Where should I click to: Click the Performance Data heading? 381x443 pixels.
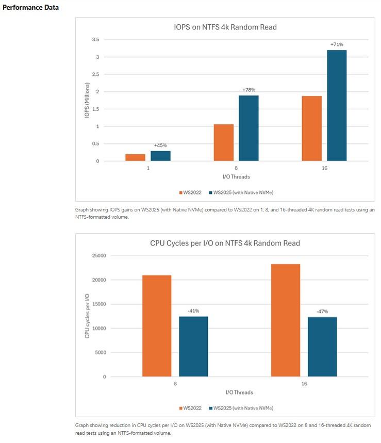pos(30,8)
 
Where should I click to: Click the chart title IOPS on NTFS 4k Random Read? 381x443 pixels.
pos(225,27)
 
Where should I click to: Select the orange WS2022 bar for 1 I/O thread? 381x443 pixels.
pos(135,157)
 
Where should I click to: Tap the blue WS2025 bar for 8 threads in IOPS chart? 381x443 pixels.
pos(249,128)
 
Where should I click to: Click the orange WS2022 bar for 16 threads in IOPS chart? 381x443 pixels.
pos(311,128)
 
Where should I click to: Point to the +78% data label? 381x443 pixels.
pos(249,90)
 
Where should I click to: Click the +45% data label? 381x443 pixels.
pos(160,145)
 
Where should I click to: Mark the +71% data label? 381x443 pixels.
pos(337,45)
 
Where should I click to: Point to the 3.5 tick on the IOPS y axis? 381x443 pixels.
pos(94,40)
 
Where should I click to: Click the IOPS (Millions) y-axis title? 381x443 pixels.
pos(88,100)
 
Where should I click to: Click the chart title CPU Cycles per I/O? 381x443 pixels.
pos(225,243)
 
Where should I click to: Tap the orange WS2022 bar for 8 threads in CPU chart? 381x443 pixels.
pos(157,326)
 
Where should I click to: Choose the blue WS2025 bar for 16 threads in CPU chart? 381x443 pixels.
pos(322,347)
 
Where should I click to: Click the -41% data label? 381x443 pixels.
pos(193,311)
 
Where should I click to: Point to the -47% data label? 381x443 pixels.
pos(322,311)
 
